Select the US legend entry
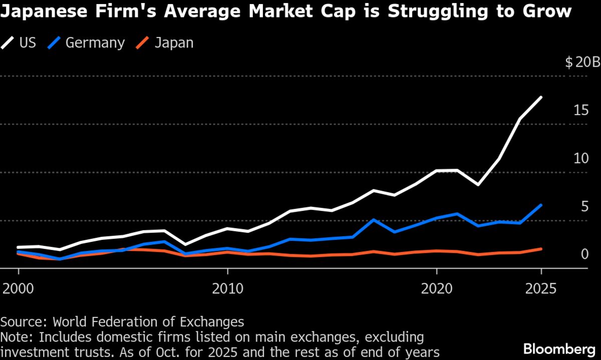(x=28, y=43)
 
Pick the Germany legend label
(x=95, y=43)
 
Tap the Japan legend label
(x=174, y=43)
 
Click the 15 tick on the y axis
(x=580, y=111)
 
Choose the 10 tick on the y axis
(x=580, y=159)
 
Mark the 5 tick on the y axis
(x=584, y=207)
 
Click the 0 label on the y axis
(x=584, y=255)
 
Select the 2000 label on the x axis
(x=19, y=289)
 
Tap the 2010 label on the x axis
(x=227, y=289)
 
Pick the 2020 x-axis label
(x=437, y=289)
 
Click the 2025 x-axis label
(x=541, y=289)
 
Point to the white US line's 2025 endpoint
(x=541, y=97)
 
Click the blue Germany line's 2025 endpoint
(x=541, y=205)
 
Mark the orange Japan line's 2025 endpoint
(x=541, y=249)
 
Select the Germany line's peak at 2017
(x=374, y=220)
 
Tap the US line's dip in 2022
(x=479, y=185)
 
